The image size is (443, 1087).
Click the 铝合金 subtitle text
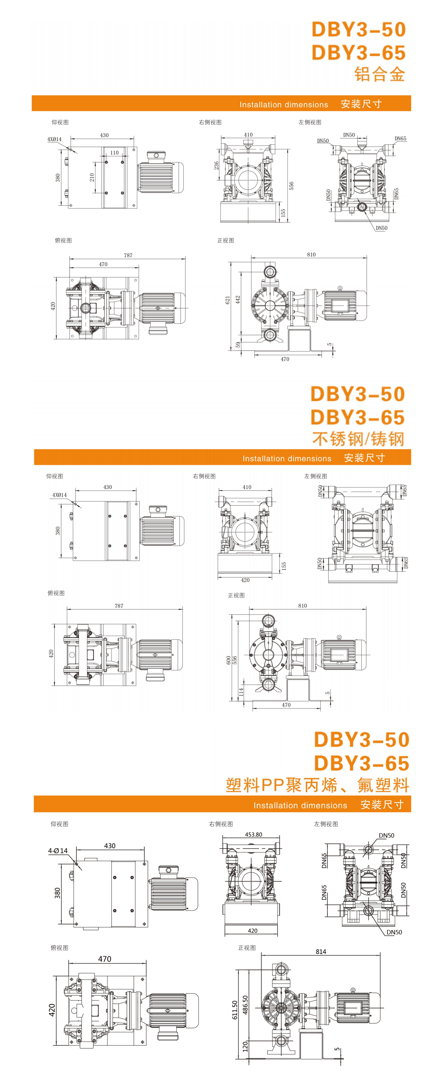(379, 74)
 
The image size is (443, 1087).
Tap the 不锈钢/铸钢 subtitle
(358, 439)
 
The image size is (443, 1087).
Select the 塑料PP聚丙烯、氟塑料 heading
(317, 785)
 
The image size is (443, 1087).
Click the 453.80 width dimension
(253, 834)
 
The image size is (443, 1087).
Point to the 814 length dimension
(321, 952)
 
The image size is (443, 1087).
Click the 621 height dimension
(228, 300)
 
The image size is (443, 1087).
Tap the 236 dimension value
(216, 165)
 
